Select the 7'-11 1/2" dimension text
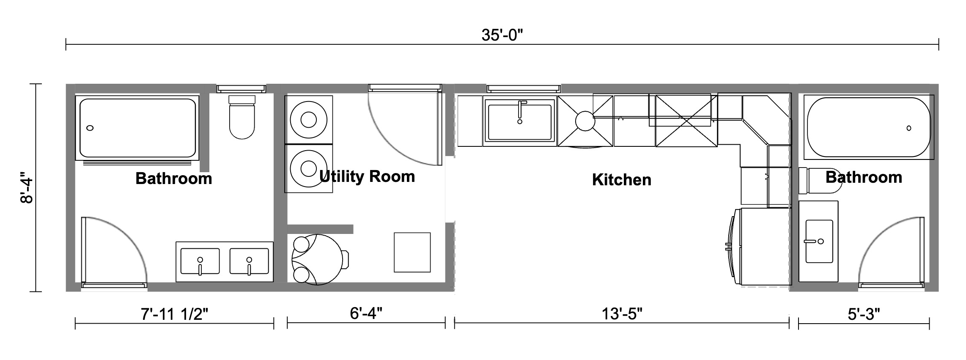(174, 314)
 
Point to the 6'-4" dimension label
(366, 313)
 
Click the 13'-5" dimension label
(622, 314)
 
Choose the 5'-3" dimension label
(864, 314)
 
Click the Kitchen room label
(621, 180)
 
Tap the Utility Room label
(367, 176)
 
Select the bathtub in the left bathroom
(137, 128)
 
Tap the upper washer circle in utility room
(308, 120)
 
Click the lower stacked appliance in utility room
(308, 169)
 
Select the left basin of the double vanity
(200, 261)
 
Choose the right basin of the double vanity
(249, 261)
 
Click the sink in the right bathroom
(819, 241)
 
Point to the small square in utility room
(412, 253)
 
